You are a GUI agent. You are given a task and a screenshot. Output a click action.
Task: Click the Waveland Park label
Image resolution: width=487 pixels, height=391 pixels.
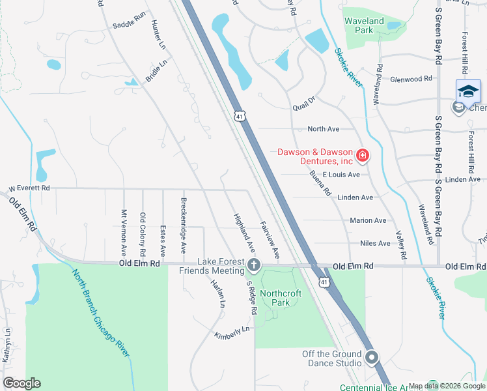364,25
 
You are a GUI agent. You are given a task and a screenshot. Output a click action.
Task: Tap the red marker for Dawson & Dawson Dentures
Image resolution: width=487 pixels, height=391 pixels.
363,156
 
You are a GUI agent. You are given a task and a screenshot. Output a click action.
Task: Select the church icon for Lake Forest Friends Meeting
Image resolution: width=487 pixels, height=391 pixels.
253,265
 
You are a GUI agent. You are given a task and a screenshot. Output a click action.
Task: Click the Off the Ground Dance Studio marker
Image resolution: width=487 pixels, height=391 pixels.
372,357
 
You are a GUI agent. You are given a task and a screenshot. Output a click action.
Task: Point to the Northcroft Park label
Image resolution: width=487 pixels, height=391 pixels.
281,298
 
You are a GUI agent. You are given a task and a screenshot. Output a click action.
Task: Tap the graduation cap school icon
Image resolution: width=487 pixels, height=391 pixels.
468,91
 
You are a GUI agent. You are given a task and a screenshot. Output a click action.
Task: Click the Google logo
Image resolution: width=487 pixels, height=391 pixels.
21,383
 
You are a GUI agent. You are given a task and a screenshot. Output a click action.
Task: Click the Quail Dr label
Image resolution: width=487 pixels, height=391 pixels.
303,99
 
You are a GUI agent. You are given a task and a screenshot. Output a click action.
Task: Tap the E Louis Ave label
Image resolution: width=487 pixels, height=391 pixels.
341,175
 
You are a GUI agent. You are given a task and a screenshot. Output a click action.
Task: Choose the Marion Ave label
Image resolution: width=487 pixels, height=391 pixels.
368,220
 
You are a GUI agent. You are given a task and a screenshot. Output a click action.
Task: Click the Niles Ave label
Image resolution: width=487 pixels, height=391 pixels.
375,243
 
